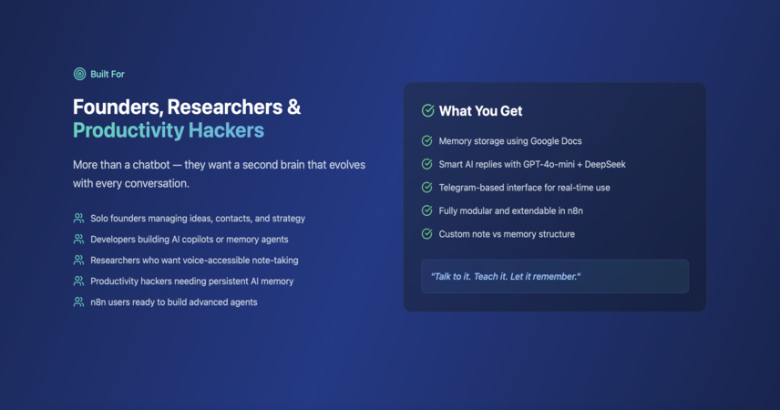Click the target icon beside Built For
point(79,74)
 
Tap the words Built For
point(108,74)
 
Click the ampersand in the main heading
point(294,107)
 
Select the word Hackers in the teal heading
point(226,130)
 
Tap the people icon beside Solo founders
point(78,218)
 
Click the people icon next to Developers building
point(78,239)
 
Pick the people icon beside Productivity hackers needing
point(78,281)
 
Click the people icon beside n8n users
point(78,302)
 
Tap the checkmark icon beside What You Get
point(427,110)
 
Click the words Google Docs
point(556,141)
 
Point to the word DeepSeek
point(605,164)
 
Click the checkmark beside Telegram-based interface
point(426,187)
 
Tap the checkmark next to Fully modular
point(426,210)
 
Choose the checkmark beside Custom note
point(426,233)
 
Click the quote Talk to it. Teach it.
point(468,277)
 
